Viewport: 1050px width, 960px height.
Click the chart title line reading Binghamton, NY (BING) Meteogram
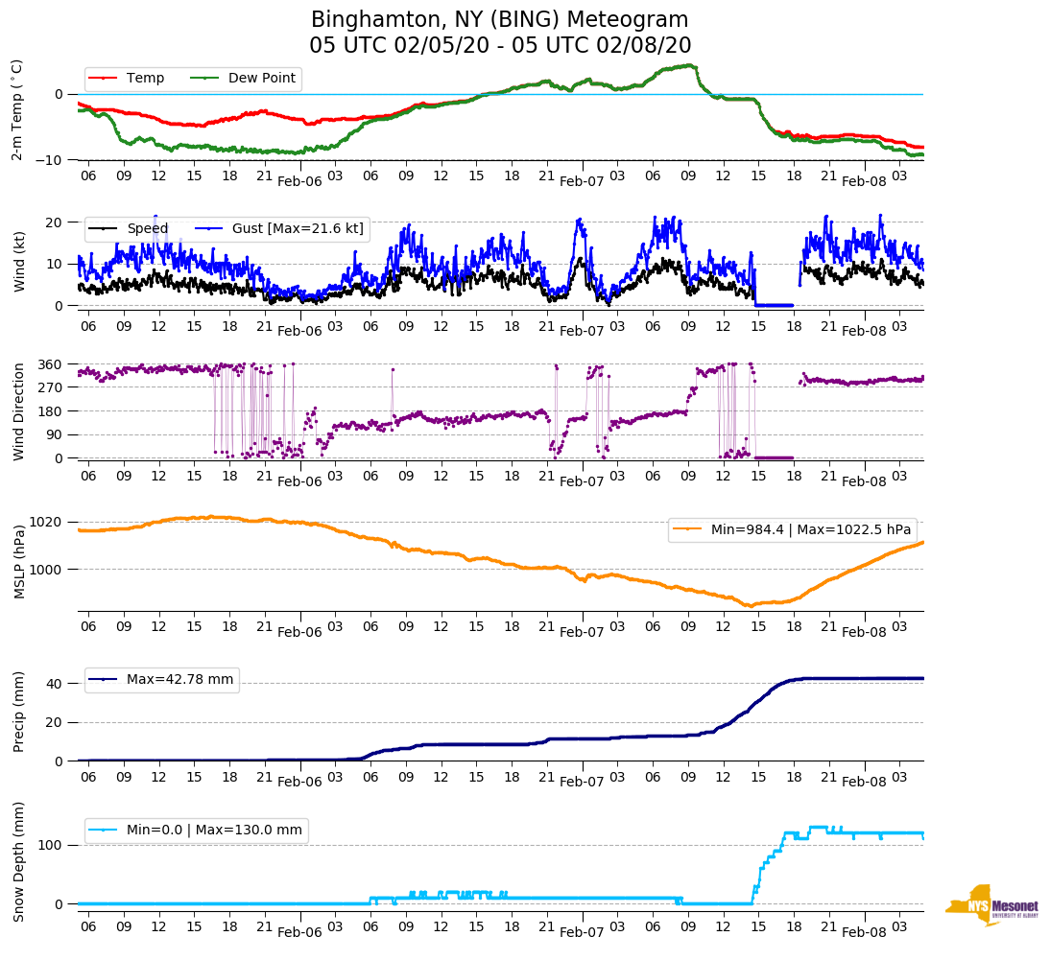[500, 20]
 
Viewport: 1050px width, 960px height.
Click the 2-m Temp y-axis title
[17, 109]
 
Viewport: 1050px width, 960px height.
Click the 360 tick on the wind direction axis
[51, 364]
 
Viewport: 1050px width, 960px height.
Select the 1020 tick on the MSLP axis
[47, 522]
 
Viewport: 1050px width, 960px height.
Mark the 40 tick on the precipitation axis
[55, 684]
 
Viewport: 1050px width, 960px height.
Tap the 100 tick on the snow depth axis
[51, 845]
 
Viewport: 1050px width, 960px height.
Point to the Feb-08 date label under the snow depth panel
[864, 932]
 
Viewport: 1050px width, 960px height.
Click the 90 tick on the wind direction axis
[55, 434]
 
